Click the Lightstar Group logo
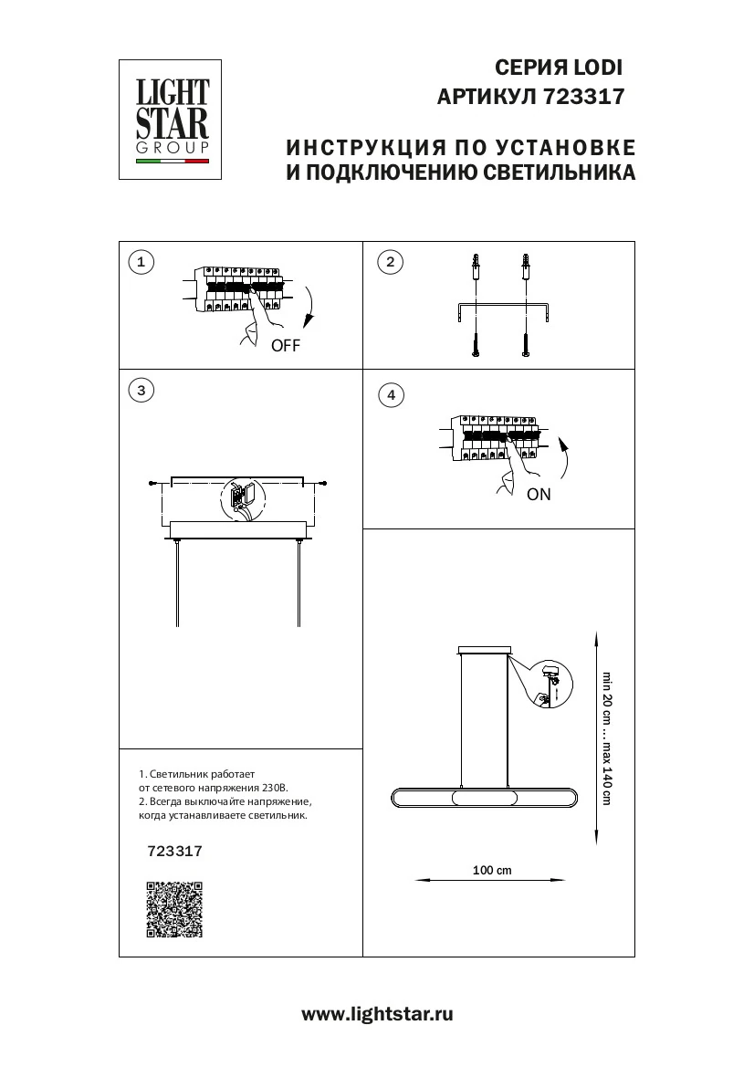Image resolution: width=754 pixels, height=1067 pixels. tap(173, 120)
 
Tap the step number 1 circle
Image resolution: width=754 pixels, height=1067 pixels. tap(141, 263)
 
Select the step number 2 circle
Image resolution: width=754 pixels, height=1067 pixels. tap(391, 263)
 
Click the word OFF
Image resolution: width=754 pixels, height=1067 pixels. tap(285, 346)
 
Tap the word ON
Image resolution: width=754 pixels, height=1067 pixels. tap(539, 495)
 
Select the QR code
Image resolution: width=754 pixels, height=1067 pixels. tap(173, 909)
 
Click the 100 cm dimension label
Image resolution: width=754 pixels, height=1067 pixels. tap(492, 871)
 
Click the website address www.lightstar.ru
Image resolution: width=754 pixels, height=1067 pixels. tap(377, 1014)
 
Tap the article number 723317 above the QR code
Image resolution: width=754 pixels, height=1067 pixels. tap(174, 851)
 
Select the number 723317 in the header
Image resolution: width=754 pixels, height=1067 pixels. tap(583, 97)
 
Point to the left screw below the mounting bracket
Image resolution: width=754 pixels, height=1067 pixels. tap(476, 344)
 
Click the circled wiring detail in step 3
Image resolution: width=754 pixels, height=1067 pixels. tap(241, 500)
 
